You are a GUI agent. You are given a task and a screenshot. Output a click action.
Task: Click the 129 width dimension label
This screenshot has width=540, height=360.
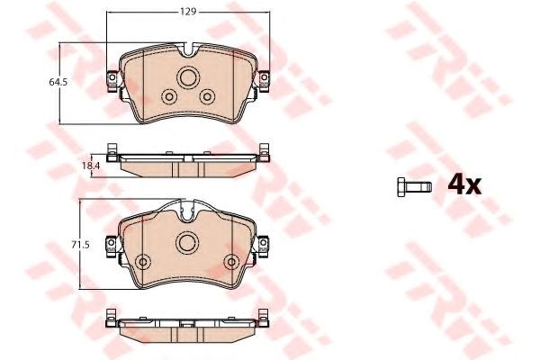coord(188,12)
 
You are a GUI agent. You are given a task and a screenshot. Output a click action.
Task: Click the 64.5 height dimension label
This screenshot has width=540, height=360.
coord(58,82)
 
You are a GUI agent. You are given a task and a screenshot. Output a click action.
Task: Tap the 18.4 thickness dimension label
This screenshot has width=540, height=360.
coord(91,166)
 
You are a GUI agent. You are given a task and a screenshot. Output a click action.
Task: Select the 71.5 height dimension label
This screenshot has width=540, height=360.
coord(80,245)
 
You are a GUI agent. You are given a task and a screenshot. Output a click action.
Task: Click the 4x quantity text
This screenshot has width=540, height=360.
coord(464,185)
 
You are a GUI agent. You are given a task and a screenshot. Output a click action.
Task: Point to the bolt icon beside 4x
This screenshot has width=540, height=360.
coord(414,187)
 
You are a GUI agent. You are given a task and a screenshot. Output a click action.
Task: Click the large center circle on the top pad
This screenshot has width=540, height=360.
coord(188,77)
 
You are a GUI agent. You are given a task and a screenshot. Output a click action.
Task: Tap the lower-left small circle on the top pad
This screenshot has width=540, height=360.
coord(169,97)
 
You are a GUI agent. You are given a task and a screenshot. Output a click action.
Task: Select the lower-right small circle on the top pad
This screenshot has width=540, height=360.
coord(207,97)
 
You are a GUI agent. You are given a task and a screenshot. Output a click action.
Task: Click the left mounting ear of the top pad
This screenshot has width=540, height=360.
coord(112,81)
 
